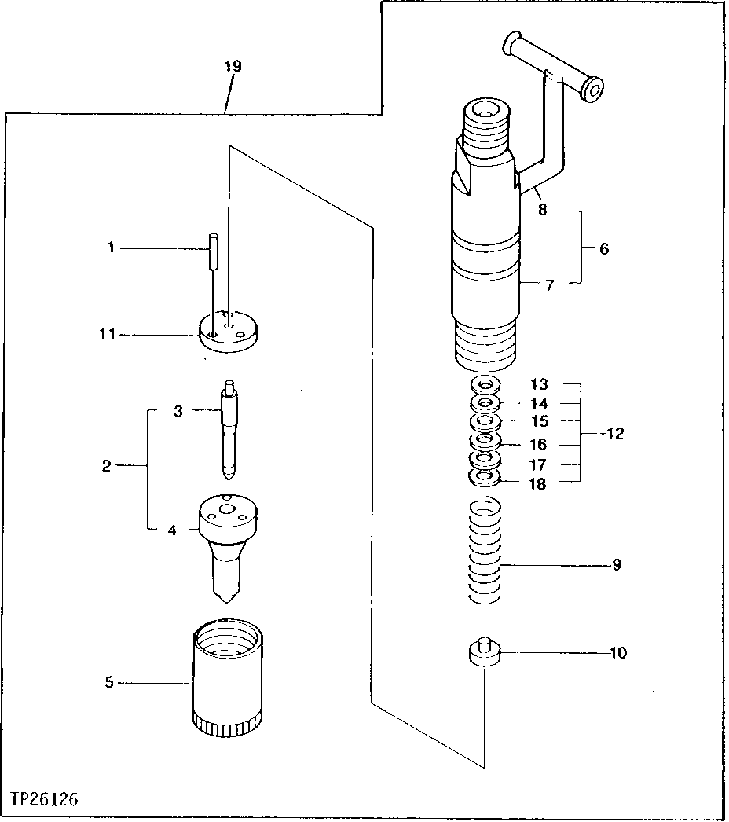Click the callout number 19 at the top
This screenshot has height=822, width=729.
pos(232,66)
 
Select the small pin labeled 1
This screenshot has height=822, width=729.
pos(213,251)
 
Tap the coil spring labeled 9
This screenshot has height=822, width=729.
pos(485,550)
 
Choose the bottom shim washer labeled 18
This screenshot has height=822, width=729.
pos(485,477)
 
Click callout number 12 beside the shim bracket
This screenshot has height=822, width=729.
pos(615,434)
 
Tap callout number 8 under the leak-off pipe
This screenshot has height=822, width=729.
pos(543,210)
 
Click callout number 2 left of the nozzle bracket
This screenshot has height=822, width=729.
pos(106,467)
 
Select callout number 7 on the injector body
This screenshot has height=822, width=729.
pos(549,285)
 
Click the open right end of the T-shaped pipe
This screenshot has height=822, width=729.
pos(592,90)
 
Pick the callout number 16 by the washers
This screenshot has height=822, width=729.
pos(538,444)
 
